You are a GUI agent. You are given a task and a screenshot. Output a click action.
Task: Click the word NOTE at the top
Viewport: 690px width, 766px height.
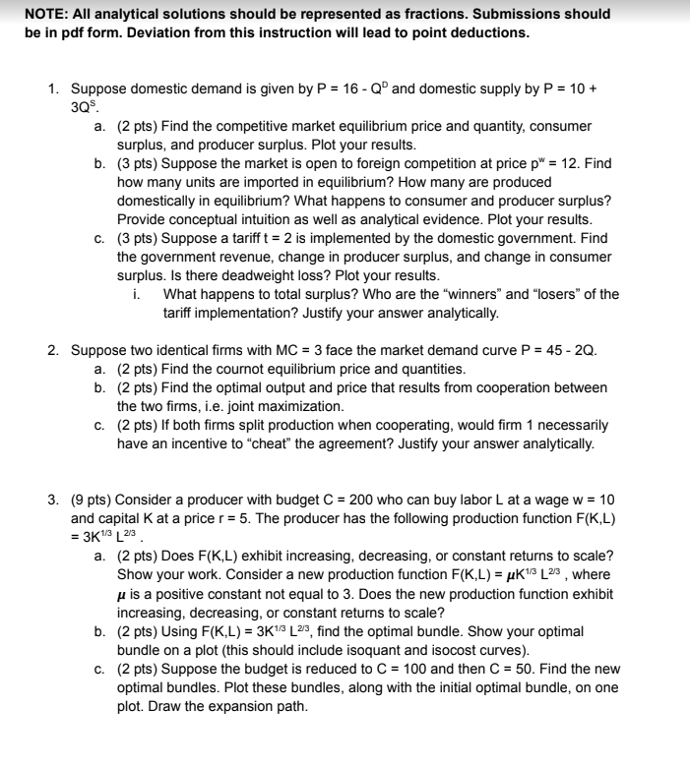pyautogui.click(x=45, y=14)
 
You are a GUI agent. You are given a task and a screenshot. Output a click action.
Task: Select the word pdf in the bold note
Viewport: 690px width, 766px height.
pyautogui.click(x=56, y=31)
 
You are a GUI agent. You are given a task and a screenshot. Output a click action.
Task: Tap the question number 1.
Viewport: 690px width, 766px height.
pyautogui.click(x=54, y=88)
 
